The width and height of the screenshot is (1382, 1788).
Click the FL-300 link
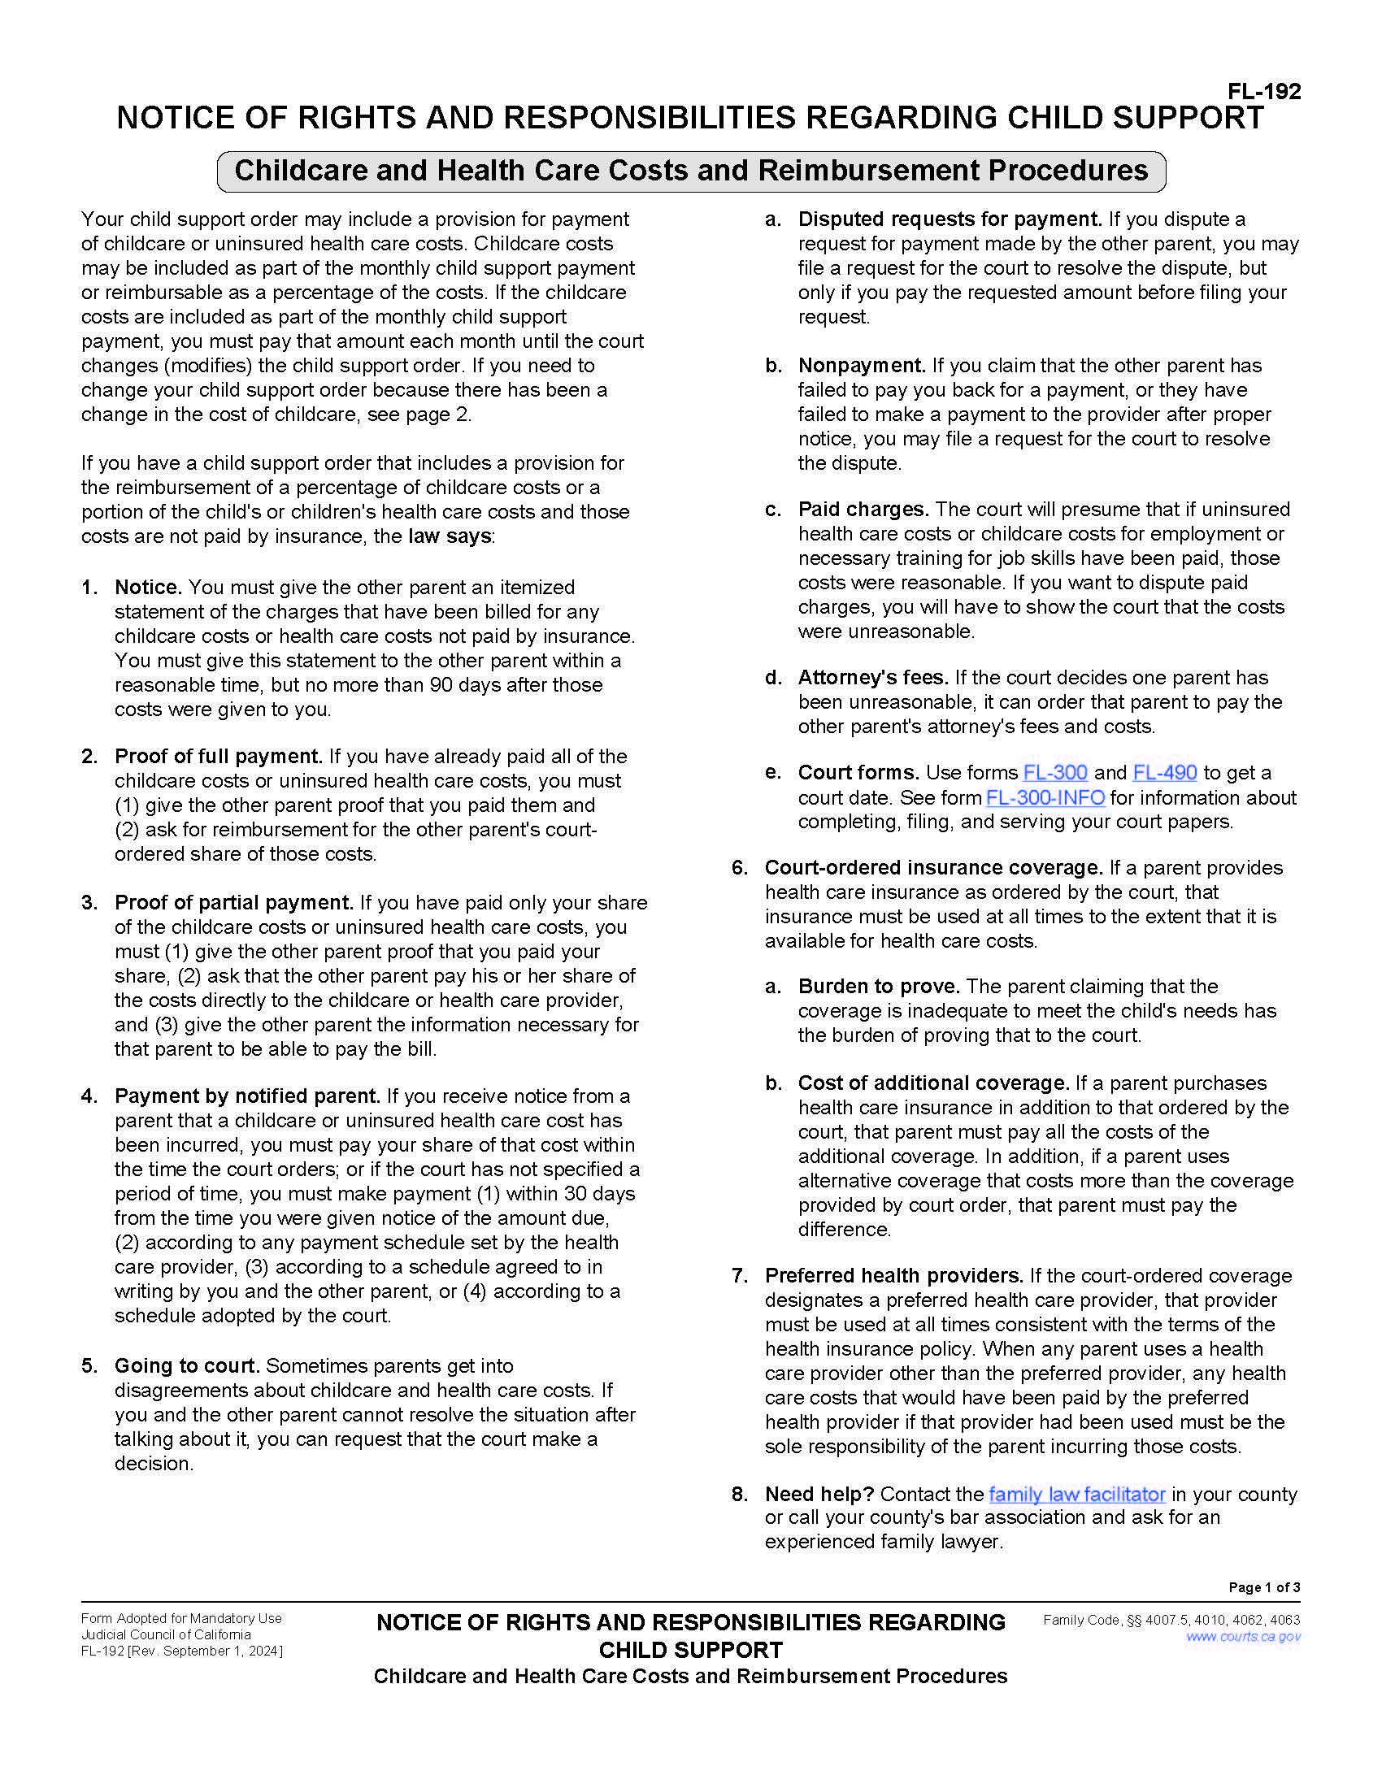1054,773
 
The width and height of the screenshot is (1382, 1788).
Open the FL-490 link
1164,773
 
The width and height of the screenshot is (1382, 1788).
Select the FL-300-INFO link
1045,797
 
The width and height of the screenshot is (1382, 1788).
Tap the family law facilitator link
1076,1494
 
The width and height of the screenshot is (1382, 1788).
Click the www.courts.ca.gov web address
1243,1637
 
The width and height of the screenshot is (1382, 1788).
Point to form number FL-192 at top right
1264,92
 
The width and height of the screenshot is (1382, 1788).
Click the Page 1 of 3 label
1264,1587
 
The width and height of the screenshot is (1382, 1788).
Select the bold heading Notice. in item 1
148,588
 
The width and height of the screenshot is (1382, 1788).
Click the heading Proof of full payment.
218,757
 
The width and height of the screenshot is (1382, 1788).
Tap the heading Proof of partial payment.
233,903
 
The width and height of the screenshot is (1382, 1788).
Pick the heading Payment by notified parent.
247,1096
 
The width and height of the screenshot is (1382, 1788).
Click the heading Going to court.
187,1366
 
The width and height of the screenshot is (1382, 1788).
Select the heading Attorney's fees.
873,678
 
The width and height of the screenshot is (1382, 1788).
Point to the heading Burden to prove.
879,987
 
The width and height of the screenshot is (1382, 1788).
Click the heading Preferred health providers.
894,1276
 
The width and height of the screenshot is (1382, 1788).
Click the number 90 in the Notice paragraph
441,685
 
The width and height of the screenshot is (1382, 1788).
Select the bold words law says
450,537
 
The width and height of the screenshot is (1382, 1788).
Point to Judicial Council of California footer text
165,1635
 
